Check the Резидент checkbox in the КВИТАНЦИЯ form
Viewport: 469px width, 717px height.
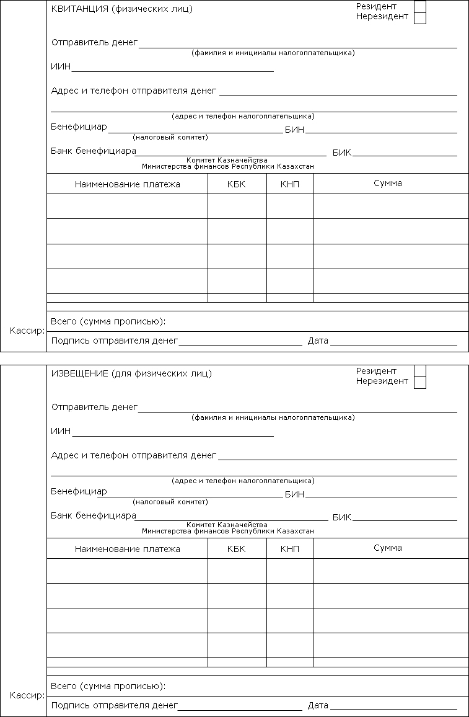coord(419,6)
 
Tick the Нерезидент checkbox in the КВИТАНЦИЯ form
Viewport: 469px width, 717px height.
coord(419,18)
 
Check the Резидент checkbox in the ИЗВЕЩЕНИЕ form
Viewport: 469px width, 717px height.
coord(419,371)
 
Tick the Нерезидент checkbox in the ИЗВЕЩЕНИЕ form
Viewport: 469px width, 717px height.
coord(419,383)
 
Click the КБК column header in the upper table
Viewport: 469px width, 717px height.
coord(236,184)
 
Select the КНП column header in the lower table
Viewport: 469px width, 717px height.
coord(289,549)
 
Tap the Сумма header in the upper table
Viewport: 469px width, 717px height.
coord(388,184)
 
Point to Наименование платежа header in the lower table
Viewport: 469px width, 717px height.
coord(127,549)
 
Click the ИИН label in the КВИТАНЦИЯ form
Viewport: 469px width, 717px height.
coord(61,67)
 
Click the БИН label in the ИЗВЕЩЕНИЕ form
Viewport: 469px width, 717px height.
coord(294,494)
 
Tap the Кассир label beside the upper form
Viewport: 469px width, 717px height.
coord(27,331)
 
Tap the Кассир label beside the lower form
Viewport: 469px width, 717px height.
coord(27,695)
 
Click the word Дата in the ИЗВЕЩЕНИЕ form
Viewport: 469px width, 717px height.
coord(318,705)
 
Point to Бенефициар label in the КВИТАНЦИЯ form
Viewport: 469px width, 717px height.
coord(79,127)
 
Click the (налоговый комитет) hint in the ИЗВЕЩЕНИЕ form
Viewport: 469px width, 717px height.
coord(170,502)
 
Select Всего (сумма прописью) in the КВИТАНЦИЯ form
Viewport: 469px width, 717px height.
coord(108,321)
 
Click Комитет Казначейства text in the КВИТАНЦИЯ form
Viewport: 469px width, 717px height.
coord(227,160)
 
